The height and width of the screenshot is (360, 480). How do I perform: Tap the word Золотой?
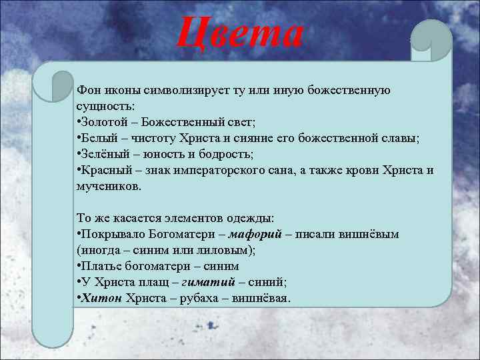coord(102,122)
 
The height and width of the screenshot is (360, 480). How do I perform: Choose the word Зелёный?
coord(102,154)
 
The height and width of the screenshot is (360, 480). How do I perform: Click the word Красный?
coord(103,170)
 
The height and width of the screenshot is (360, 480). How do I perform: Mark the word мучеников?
coord(108,187)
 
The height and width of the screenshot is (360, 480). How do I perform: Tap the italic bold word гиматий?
coord(209,282)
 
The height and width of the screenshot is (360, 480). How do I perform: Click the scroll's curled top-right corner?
coord(431,36)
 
